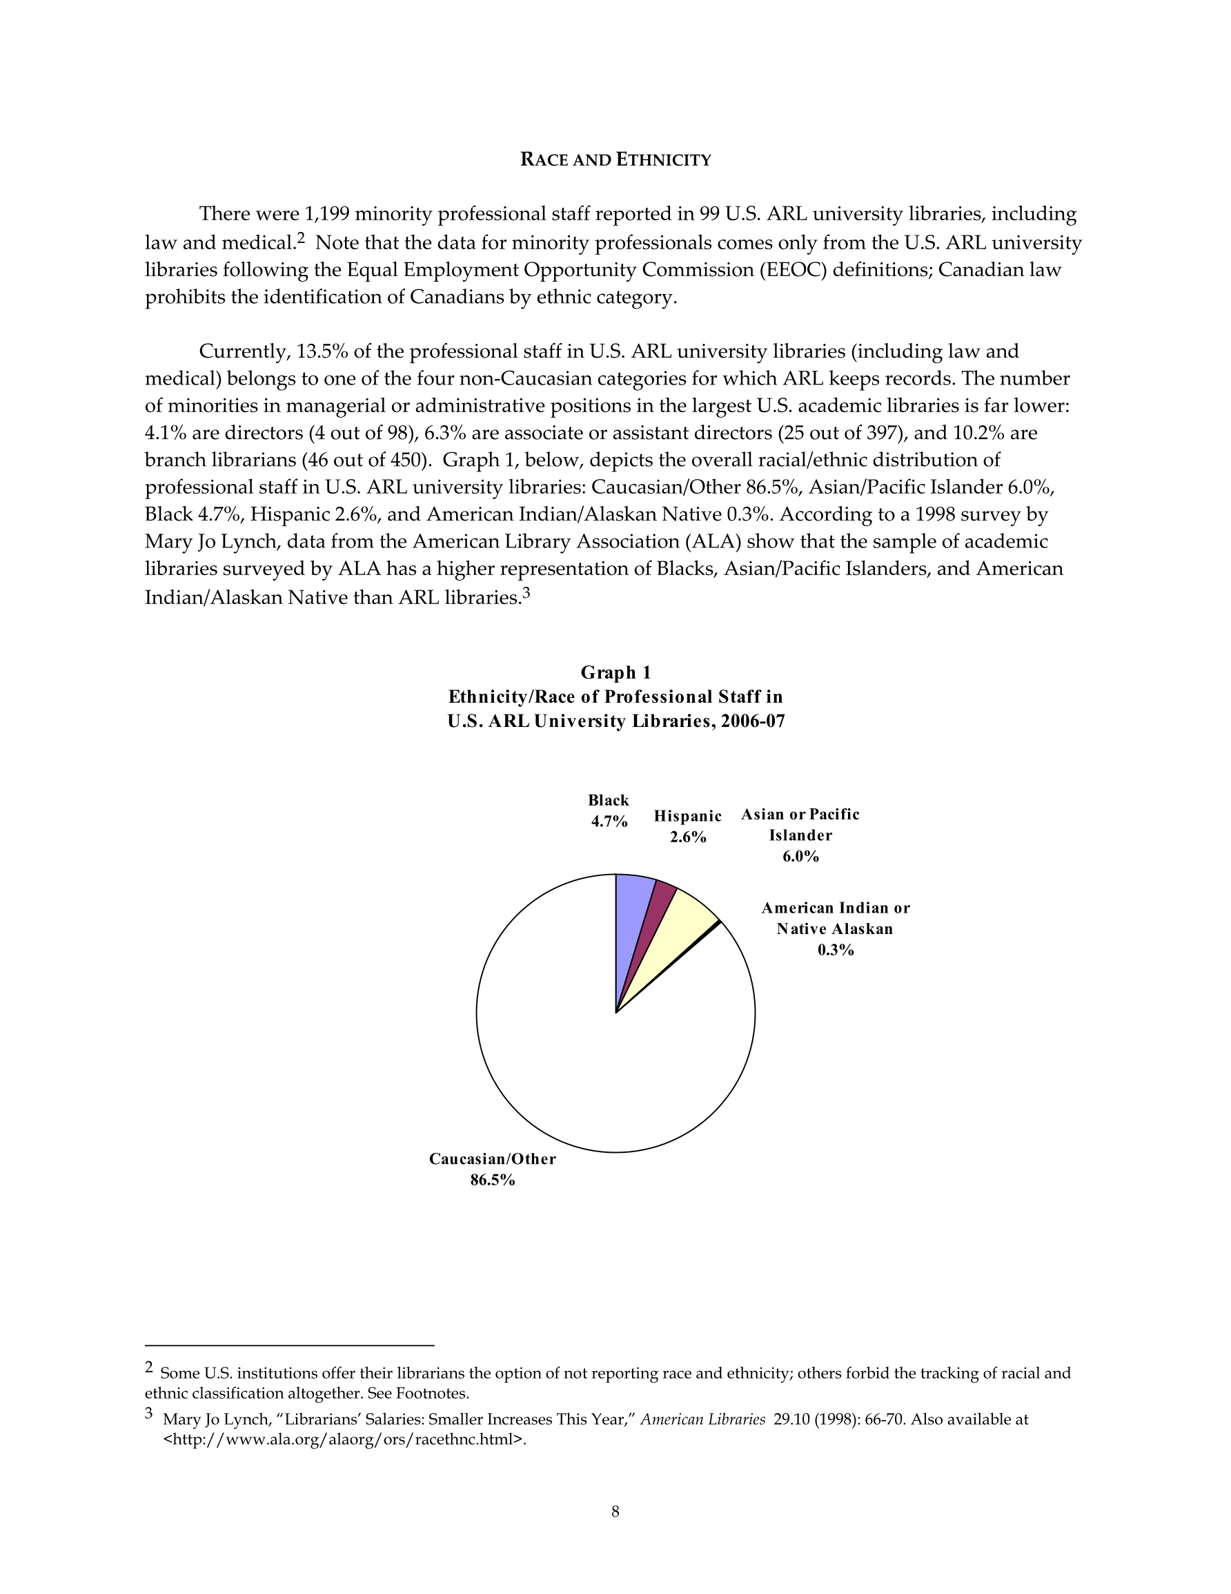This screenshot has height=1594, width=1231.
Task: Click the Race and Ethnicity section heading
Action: tap(615, 160)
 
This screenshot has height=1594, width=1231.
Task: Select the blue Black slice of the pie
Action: tap(632, 905)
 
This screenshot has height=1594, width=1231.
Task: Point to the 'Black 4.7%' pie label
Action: tap(609, 811)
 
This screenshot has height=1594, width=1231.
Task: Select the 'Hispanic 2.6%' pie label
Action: tap(687, 826)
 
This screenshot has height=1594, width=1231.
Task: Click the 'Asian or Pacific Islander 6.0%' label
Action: tap(800, 835)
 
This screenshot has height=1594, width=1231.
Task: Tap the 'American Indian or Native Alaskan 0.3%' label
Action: tap(836, 929)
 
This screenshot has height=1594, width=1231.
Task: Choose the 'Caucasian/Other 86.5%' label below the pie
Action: tap(493, 1169)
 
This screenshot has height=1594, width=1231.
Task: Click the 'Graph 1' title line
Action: tap(615, 672)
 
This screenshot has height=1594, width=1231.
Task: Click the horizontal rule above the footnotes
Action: tap(290, 1345)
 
